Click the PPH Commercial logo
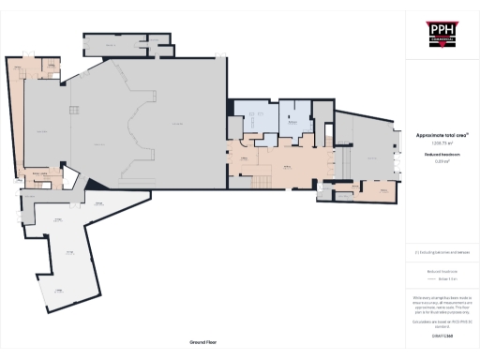pyautogui.click(x=442, y=34)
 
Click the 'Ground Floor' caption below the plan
pyautogui.click(x=203, y=343)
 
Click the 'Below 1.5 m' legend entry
pyautogui.click(x=441, y=279)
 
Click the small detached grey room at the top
pyautogui.click(x=112, y=45)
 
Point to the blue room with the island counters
pyautogui.click(x=254, y=119)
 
